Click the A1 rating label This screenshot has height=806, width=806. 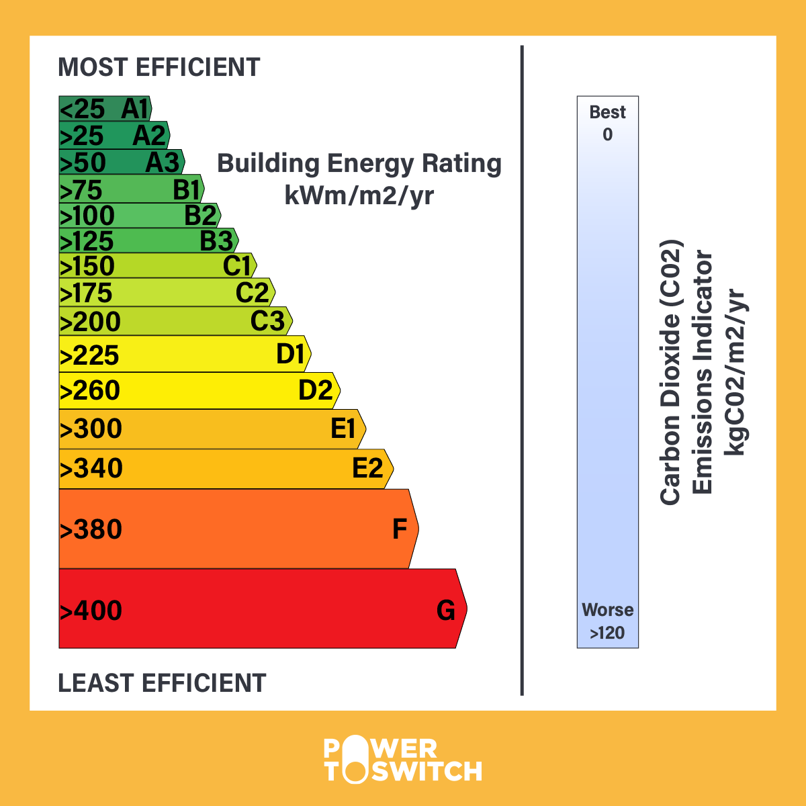(x=134, y=109)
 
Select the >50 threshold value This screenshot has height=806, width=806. (x=83, y=163)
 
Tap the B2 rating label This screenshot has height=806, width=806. (x=201, y=216)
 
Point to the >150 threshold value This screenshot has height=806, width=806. (x=87, y=267)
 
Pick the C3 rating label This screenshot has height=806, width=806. (x=267, y=321)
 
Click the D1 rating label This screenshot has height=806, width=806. (x=291, y=354)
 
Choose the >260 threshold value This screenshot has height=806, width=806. (x=90, y=391)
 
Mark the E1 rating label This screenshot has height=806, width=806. (x=343, y=429)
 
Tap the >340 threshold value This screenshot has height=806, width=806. (x=91, y=468)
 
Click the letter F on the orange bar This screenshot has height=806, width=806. (x=400, y=529)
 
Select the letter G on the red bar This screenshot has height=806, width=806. (x=446, y=610)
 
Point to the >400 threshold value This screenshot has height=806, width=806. (x=91, y=611)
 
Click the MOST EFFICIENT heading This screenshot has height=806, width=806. (x=159, y=68)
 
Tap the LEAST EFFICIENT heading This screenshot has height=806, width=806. (x=162, y=683)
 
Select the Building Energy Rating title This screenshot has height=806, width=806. (x=359, y=164)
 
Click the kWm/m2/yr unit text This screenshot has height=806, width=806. (x=359, y=195)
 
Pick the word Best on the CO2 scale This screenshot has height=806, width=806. (x=607, y=112)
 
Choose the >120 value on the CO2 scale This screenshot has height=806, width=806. (x=607, y=633)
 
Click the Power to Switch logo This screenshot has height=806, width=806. (x=403, y=760)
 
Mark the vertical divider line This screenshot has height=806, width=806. (x=522, y=369)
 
